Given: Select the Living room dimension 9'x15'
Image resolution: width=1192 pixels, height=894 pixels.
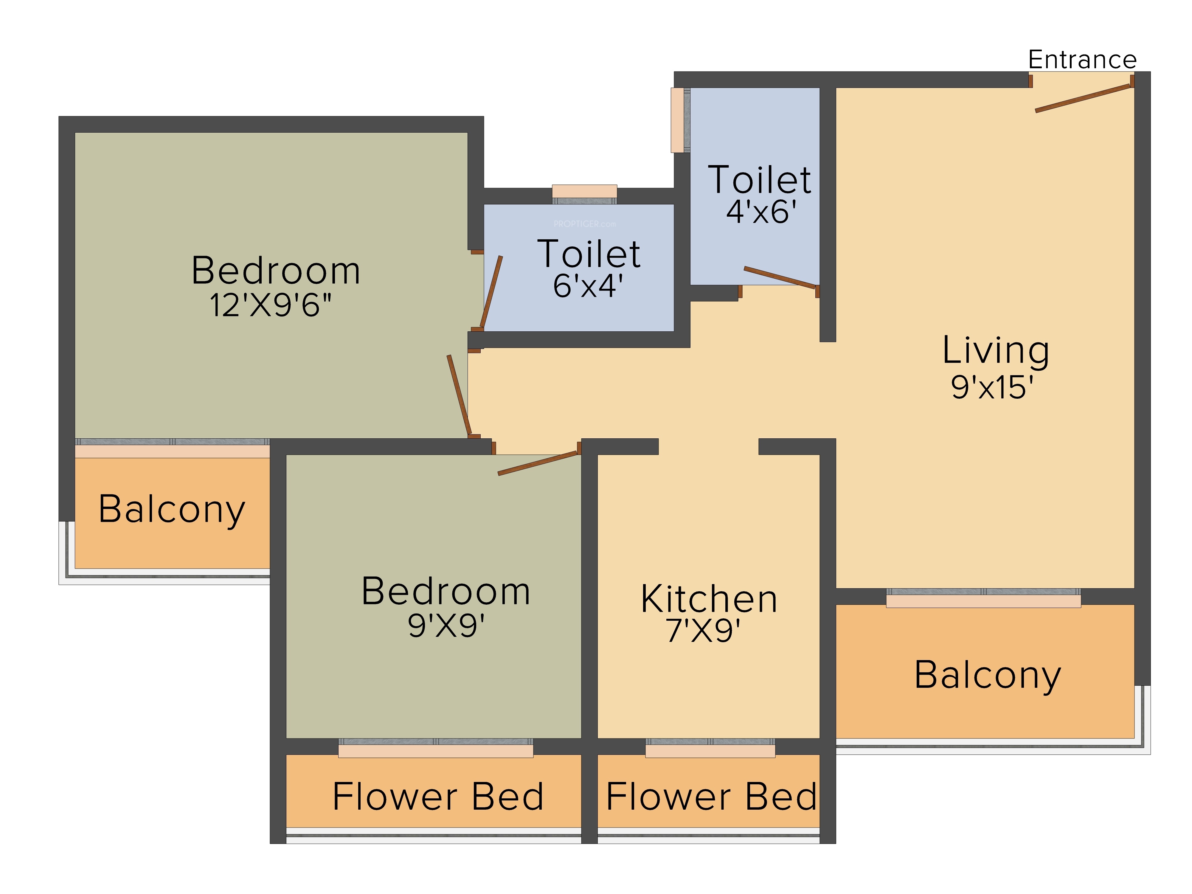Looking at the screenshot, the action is [x=992, y=387].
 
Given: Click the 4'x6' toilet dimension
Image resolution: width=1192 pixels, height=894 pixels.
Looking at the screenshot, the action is [x=761, y=212].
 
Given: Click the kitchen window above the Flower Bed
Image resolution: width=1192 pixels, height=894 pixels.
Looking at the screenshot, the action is [x=710, y=748].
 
